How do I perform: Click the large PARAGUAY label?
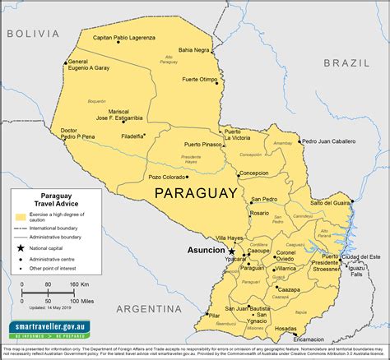click(197, 192)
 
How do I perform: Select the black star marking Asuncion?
click(231, 251)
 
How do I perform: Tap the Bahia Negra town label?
click(195, 49)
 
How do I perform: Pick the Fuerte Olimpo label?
click(200, 80)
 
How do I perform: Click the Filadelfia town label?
click(132, 136)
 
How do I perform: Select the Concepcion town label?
click(254, 173)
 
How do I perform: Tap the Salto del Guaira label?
click(332, 202)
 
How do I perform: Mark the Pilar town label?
click(214, 315)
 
